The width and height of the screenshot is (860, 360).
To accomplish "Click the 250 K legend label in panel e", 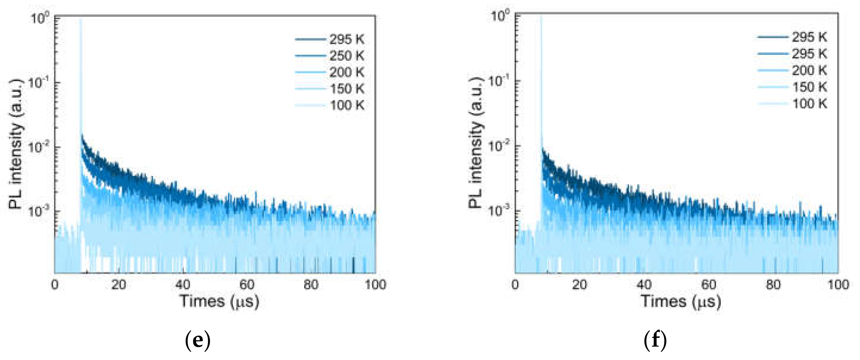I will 347,56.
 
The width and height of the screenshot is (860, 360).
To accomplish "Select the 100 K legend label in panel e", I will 347,105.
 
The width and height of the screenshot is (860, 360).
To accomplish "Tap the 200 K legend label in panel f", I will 809,71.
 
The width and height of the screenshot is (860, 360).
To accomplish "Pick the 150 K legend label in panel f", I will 809,87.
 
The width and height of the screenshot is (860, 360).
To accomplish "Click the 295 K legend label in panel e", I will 347,39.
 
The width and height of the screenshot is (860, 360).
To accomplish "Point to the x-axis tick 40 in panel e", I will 182,285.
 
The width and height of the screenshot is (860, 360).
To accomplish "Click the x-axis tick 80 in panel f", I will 773,285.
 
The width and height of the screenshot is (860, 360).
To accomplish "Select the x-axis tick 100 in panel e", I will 375,285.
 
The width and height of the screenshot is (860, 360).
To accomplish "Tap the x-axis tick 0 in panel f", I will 515,285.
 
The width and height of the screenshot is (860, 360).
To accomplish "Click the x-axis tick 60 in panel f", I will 708,285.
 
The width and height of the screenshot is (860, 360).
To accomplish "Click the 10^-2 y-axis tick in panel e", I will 38,147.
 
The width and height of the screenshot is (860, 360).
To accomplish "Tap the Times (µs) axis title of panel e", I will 219,302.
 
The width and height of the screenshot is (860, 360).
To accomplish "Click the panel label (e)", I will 198,340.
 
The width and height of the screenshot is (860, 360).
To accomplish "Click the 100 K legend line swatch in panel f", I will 772,104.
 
